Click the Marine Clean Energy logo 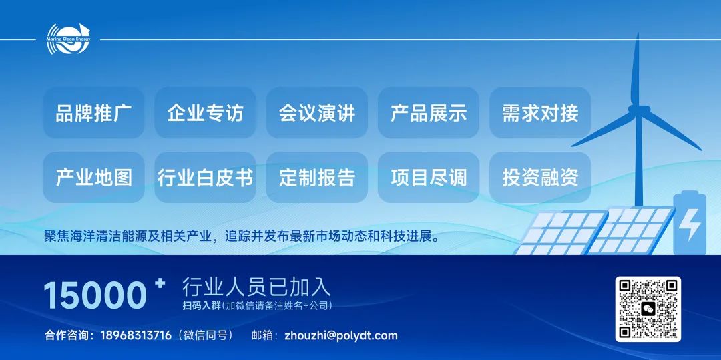[x=68, y=39]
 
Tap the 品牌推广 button [x=94, y=113]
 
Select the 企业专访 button [x=205, y=113]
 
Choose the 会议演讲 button [x=317, y=113]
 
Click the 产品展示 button [x=429, y=113]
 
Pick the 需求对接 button [x=540, y=113]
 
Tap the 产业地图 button [x=94, y=178]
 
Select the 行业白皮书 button [x=205, y=178]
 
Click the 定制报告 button [x=317, y=178]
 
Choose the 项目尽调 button [x=429, y=178]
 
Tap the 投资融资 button [x=540, y=178]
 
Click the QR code [x=648, y=309]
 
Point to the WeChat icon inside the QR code [x=648, y=309]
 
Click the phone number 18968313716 [x=136, y=335]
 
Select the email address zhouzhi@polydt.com [x=341, y=336]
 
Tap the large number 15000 [x=95, y=295]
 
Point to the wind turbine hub [x=639, y=110]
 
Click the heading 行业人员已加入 [x=256, y=287]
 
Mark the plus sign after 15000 [x=160, y=283]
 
